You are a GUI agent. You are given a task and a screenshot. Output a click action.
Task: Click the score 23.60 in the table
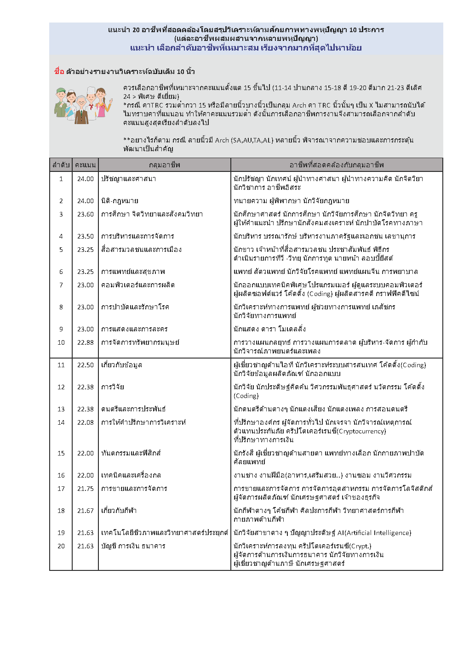click(85, 214)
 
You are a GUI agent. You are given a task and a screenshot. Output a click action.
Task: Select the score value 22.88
click(85, 342)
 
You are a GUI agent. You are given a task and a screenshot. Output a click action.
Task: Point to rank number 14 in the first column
click(61, 422)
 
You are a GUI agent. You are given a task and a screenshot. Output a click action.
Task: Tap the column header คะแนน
click(85, 165)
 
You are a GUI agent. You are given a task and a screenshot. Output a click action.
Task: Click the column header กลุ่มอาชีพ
click(164, 165)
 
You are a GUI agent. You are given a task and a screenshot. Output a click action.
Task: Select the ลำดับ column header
click(61, 165)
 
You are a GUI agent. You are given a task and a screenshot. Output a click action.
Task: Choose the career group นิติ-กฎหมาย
click(120, 201)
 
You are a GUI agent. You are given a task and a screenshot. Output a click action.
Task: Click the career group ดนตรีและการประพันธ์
click(133, 409)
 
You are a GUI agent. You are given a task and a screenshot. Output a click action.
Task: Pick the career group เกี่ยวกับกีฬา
click(119, 511)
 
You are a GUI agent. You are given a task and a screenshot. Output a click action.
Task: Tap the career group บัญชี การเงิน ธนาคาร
click(133, 546)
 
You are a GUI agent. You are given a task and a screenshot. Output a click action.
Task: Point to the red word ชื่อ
click(59, 71)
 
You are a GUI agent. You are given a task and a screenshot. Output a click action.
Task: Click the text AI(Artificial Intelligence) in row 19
click(374, 533)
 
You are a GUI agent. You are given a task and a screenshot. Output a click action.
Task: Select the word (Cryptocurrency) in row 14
click(361, 431)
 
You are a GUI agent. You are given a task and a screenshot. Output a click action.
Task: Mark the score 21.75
click(85, 489)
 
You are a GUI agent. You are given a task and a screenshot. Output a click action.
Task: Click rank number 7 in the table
click(61, 285)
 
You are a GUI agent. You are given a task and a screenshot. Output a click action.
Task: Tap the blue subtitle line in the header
click(246, 48)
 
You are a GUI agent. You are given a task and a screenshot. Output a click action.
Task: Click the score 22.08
click(85, 422)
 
